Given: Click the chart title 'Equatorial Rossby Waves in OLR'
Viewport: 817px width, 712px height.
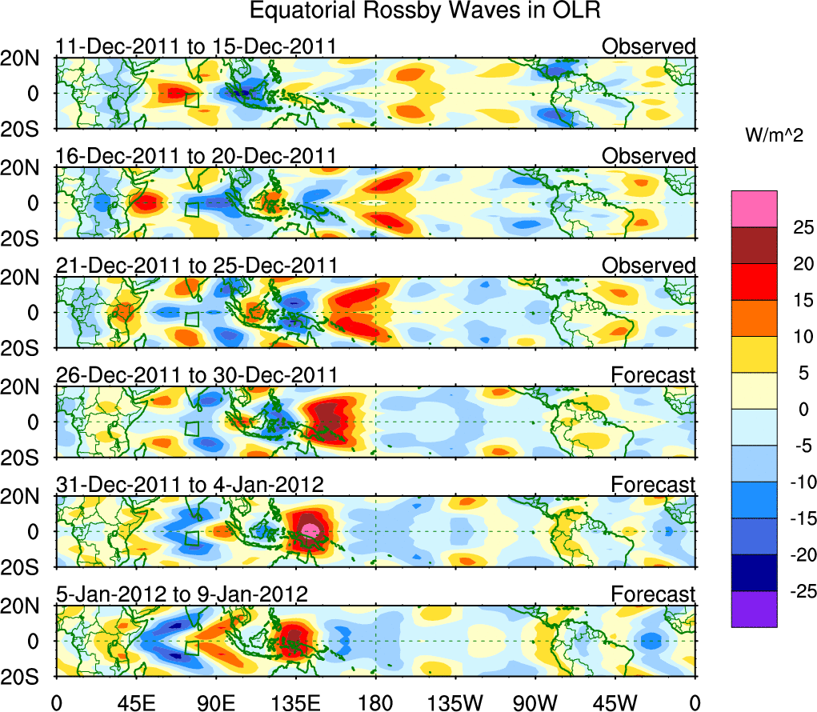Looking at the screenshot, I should tap(424, 11).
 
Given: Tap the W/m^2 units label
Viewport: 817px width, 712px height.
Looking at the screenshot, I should tap(775, 135).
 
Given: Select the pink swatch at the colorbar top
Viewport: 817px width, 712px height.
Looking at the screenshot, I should tap(753, 209).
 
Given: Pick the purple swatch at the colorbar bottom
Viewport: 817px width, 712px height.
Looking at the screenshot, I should tap(753, 609).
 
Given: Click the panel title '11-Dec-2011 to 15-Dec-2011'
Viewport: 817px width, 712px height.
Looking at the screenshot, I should tap(196, 47).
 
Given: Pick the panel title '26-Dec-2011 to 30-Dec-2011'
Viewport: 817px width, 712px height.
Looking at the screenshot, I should tap(196, 374).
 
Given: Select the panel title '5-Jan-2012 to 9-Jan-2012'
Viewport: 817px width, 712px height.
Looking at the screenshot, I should tap(182, 594).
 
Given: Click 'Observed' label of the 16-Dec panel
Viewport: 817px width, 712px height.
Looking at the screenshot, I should tap(648, 156).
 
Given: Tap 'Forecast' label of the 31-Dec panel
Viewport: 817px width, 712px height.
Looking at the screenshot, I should tap(653, 484).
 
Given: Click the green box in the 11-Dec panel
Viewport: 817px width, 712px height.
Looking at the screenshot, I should tap(191, 100).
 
